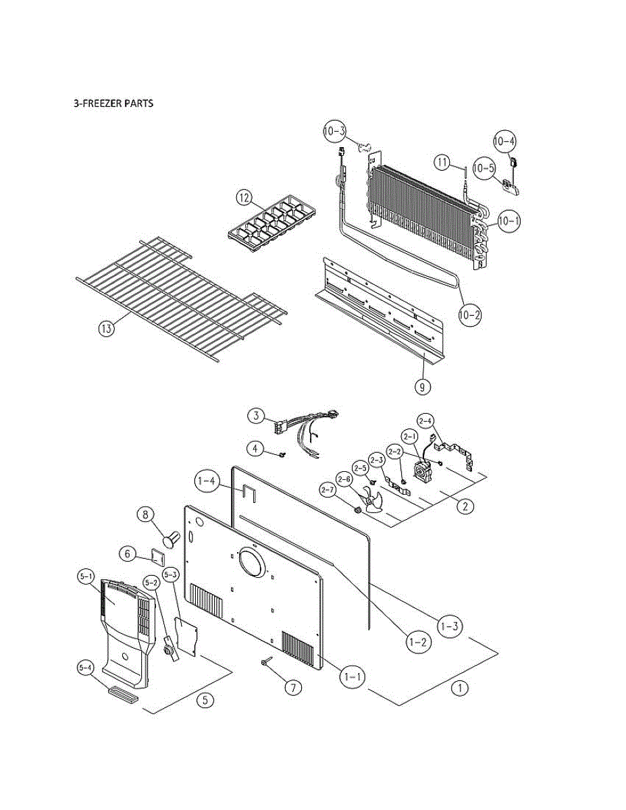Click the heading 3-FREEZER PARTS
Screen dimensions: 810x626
(x=113, y=104)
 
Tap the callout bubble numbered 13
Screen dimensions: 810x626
(x=105, y=329)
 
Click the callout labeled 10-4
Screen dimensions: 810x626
(x=504, y=141)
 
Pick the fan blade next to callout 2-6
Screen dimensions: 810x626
(x=371, y=502)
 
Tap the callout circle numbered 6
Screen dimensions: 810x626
(x=126, y=553)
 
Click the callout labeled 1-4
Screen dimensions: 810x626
(x=205, y=482)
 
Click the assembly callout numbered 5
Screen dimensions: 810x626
(x=206, y=700)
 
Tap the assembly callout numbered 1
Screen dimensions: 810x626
(x=460, y=688)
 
